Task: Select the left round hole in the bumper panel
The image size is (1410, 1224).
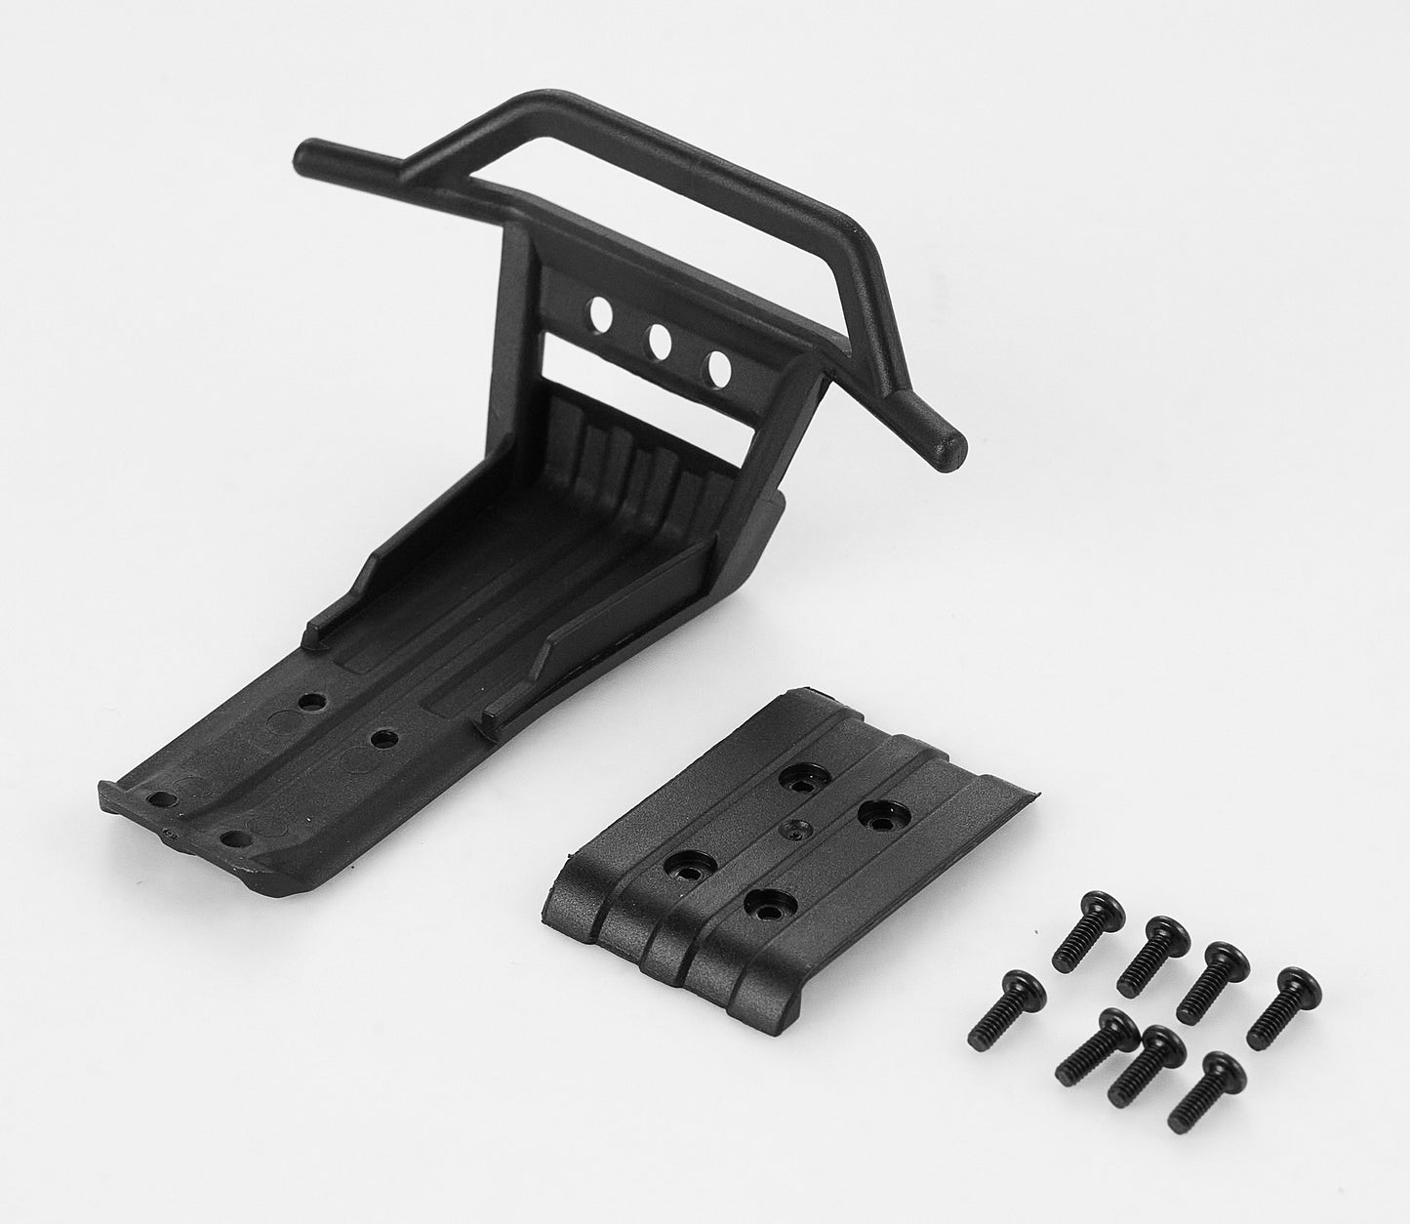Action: pos(601,314)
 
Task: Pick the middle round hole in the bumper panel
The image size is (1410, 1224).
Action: pos(660,341)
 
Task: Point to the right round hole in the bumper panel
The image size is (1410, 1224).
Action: pos(720,368)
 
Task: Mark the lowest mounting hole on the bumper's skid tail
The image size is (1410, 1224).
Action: pos(231,837)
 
